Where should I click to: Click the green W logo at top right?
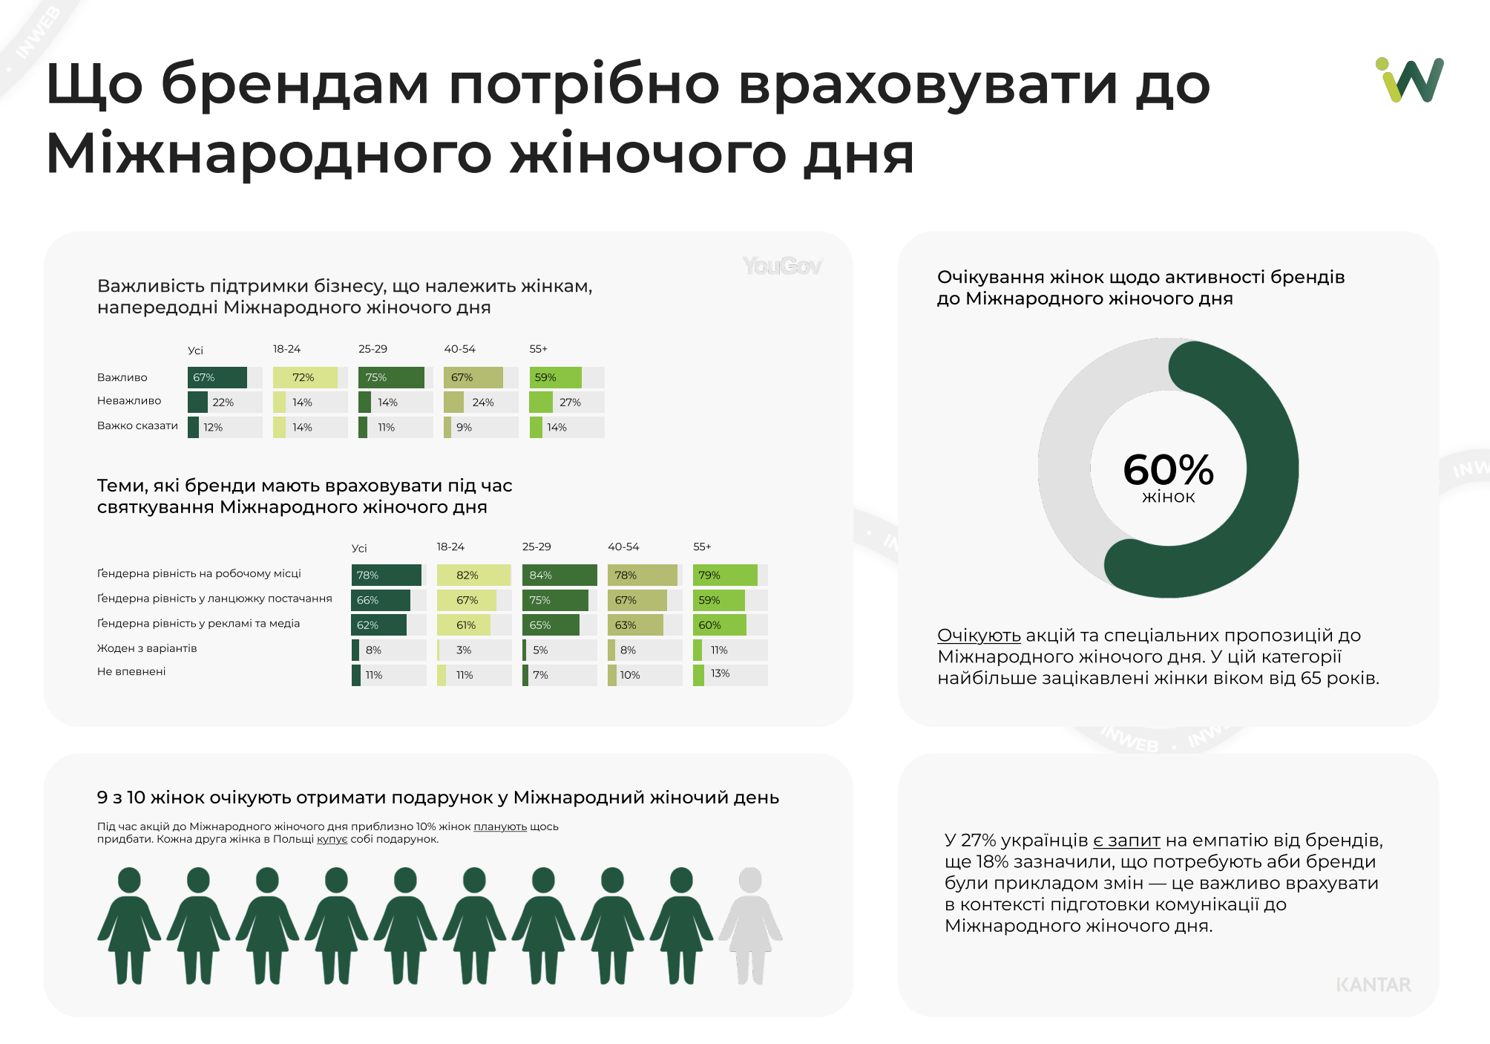click(x=1410, y=80)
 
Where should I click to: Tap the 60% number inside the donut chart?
click(x=1168, y=469)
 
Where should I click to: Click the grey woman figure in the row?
click(x=751, y=925)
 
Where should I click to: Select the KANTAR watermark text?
click(x=1373, y=985)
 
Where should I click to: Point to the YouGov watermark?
click(x=782, y=266)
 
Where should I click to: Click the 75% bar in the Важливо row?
click(x=391, y=377)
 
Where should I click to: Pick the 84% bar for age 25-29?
click(x=559, y=575)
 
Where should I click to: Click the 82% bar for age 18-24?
click(x=473, y=575)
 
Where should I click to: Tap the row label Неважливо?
click(x=129, y=401)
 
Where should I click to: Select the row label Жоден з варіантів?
click(x=147, y=648)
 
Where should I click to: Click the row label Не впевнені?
click(x=131, y=671)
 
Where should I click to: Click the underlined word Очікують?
click(x=979, y=636)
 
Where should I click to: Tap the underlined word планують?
click(x=500, y=826)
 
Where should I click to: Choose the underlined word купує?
click(x=332, y=839)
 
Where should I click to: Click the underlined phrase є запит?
click(x=1126, y=841)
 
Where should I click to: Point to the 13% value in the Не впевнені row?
click(x=720, y=673)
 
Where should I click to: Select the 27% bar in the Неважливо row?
click(x=541, y=402)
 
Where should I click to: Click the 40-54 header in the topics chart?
click(x=623, y=547)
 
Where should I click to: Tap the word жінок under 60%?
click(x=1168, y=497)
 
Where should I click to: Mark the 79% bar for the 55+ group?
click(x=725, y=575)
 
